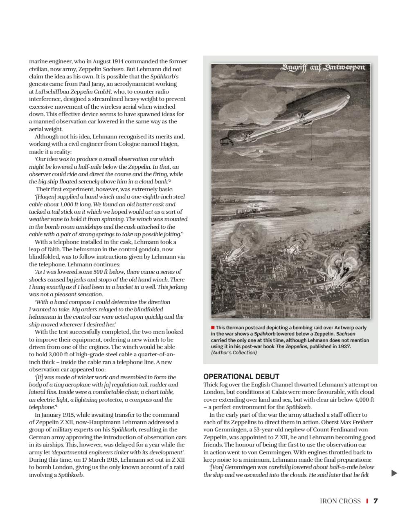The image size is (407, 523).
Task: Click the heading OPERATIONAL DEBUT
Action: click(x=241, y=376)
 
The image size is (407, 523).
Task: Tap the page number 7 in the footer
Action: click(x=376, y=501)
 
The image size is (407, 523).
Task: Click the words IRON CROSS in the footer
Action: click(x=340, y=501)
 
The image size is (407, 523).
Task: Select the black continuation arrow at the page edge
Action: click(x=394, y=473)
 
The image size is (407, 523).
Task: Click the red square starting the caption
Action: click(x=213, y=328)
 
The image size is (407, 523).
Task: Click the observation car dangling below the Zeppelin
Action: click(x=312, y=159)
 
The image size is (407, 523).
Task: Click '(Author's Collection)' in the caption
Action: click(x=234, y=353)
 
